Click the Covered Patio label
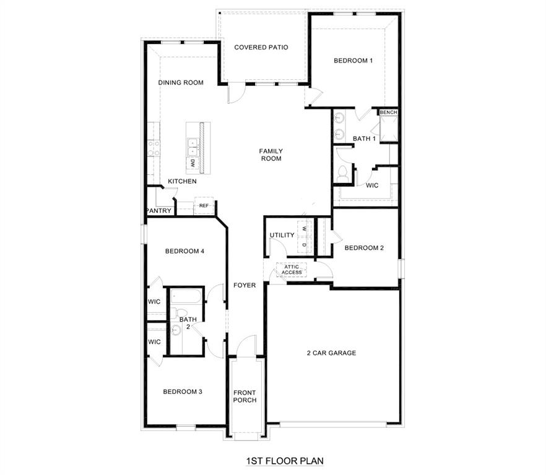[x=261, y=47]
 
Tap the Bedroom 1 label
[x=353, y=61]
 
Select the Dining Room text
[x=181, y=83]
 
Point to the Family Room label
[x=271, y=155]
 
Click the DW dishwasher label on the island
[x=193, y=163]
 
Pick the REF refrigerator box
[x=204, y=206]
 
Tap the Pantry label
[x=158, y=211]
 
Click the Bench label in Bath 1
[x=388, y=113]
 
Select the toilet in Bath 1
[x=342, y=174]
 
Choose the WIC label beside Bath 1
[x=372, y=186]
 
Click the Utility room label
[x=282, y=236]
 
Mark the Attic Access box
[x=292, y=270]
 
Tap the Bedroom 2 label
[x=364, y=248]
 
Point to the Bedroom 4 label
[x=184, y=251]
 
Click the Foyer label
[x=245, y=285]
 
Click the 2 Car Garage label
[x=331, y=353]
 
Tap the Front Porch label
[x=245, y=396]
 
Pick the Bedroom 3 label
[x=183, y=392]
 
